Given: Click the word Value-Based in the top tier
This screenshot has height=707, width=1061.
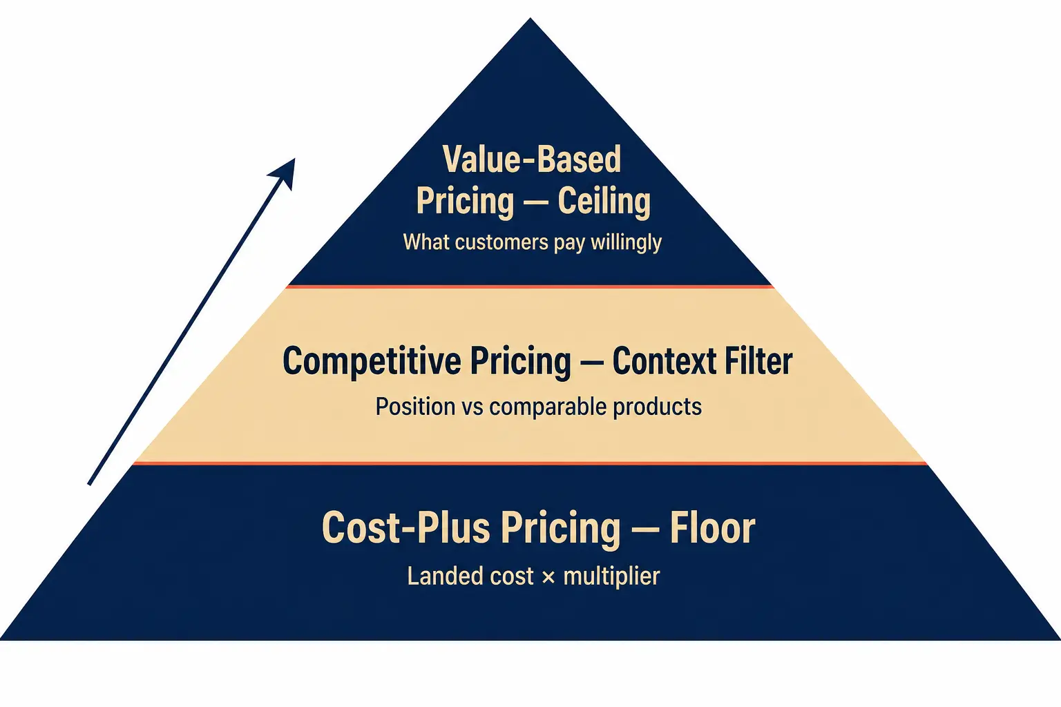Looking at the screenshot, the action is pos(531,159).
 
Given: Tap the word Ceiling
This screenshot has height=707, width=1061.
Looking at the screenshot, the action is pos(604,202).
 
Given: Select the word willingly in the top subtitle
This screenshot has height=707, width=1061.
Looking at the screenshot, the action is pos(626,242).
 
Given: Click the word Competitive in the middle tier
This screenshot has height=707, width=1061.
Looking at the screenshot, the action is pos(372,362).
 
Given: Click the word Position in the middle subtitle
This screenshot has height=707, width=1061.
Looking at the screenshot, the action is pos(415,406).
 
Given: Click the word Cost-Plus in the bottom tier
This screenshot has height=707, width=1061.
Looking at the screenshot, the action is pos(405,527).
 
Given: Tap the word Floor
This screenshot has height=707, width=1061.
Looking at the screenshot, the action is pos(712,527).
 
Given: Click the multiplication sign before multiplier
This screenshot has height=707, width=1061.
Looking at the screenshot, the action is pos(548,577).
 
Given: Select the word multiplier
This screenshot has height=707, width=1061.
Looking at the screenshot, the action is pos(611,577).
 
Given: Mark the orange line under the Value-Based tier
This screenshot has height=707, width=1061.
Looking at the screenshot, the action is pos(530,287).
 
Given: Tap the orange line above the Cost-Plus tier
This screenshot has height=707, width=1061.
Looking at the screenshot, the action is pos(530,463).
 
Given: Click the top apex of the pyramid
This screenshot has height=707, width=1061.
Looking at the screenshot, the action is pos(530,19).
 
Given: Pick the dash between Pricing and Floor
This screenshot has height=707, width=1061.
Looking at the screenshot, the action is pos(645,530).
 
